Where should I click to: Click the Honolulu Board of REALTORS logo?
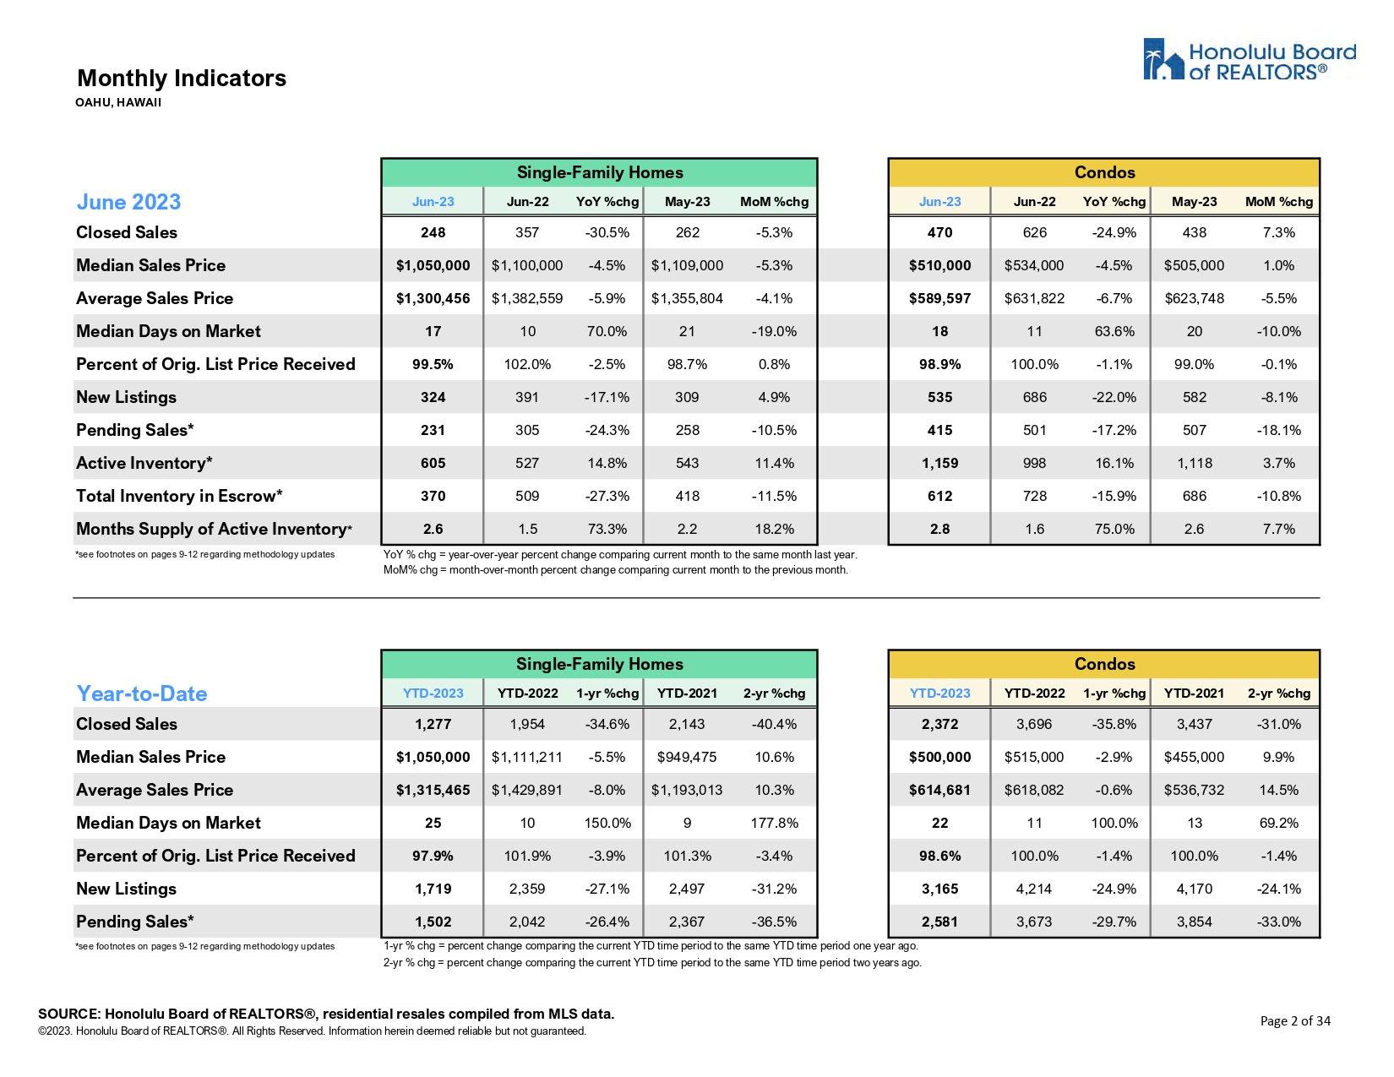coord(1249,60)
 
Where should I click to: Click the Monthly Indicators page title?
coord(182,79)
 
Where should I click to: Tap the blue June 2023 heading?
coord(128,202)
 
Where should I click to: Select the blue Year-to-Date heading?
coord(142,694)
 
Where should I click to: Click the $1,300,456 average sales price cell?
coord(433,298)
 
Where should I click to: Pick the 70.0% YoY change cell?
coord(607,331)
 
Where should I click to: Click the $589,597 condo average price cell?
coord(939,298)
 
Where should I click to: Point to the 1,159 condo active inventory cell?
coord(939,463)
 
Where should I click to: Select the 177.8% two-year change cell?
coord(774,823)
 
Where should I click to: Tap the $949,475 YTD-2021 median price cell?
coord(687,757)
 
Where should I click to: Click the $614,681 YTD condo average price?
coord(939,790)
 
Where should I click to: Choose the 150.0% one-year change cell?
coord(607,823)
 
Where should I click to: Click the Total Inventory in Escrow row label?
coord(179,496)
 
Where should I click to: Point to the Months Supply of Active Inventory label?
coord(214,529)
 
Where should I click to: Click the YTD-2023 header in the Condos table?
coord(939,694)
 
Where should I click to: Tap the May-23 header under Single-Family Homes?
coord(687,202)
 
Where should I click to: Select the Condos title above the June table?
coord(1104,172)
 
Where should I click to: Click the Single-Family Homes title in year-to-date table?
coord(599,664)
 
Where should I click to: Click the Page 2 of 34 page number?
coord(1294,1021)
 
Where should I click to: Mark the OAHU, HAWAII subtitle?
coord(118,103)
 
